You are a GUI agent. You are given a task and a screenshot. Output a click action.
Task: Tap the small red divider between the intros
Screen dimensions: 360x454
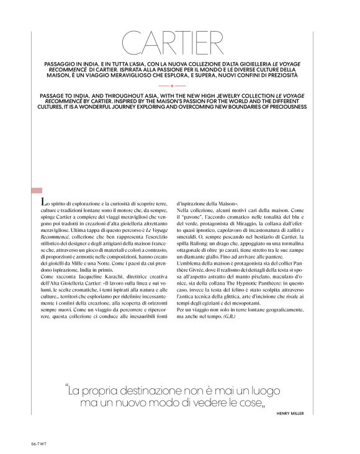[x=180, y=86]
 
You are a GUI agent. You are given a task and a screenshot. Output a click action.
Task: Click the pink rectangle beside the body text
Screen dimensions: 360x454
[x=36, y=190]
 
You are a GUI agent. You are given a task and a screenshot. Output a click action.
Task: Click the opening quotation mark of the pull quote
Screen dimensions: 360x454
[x=66, y=389]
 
